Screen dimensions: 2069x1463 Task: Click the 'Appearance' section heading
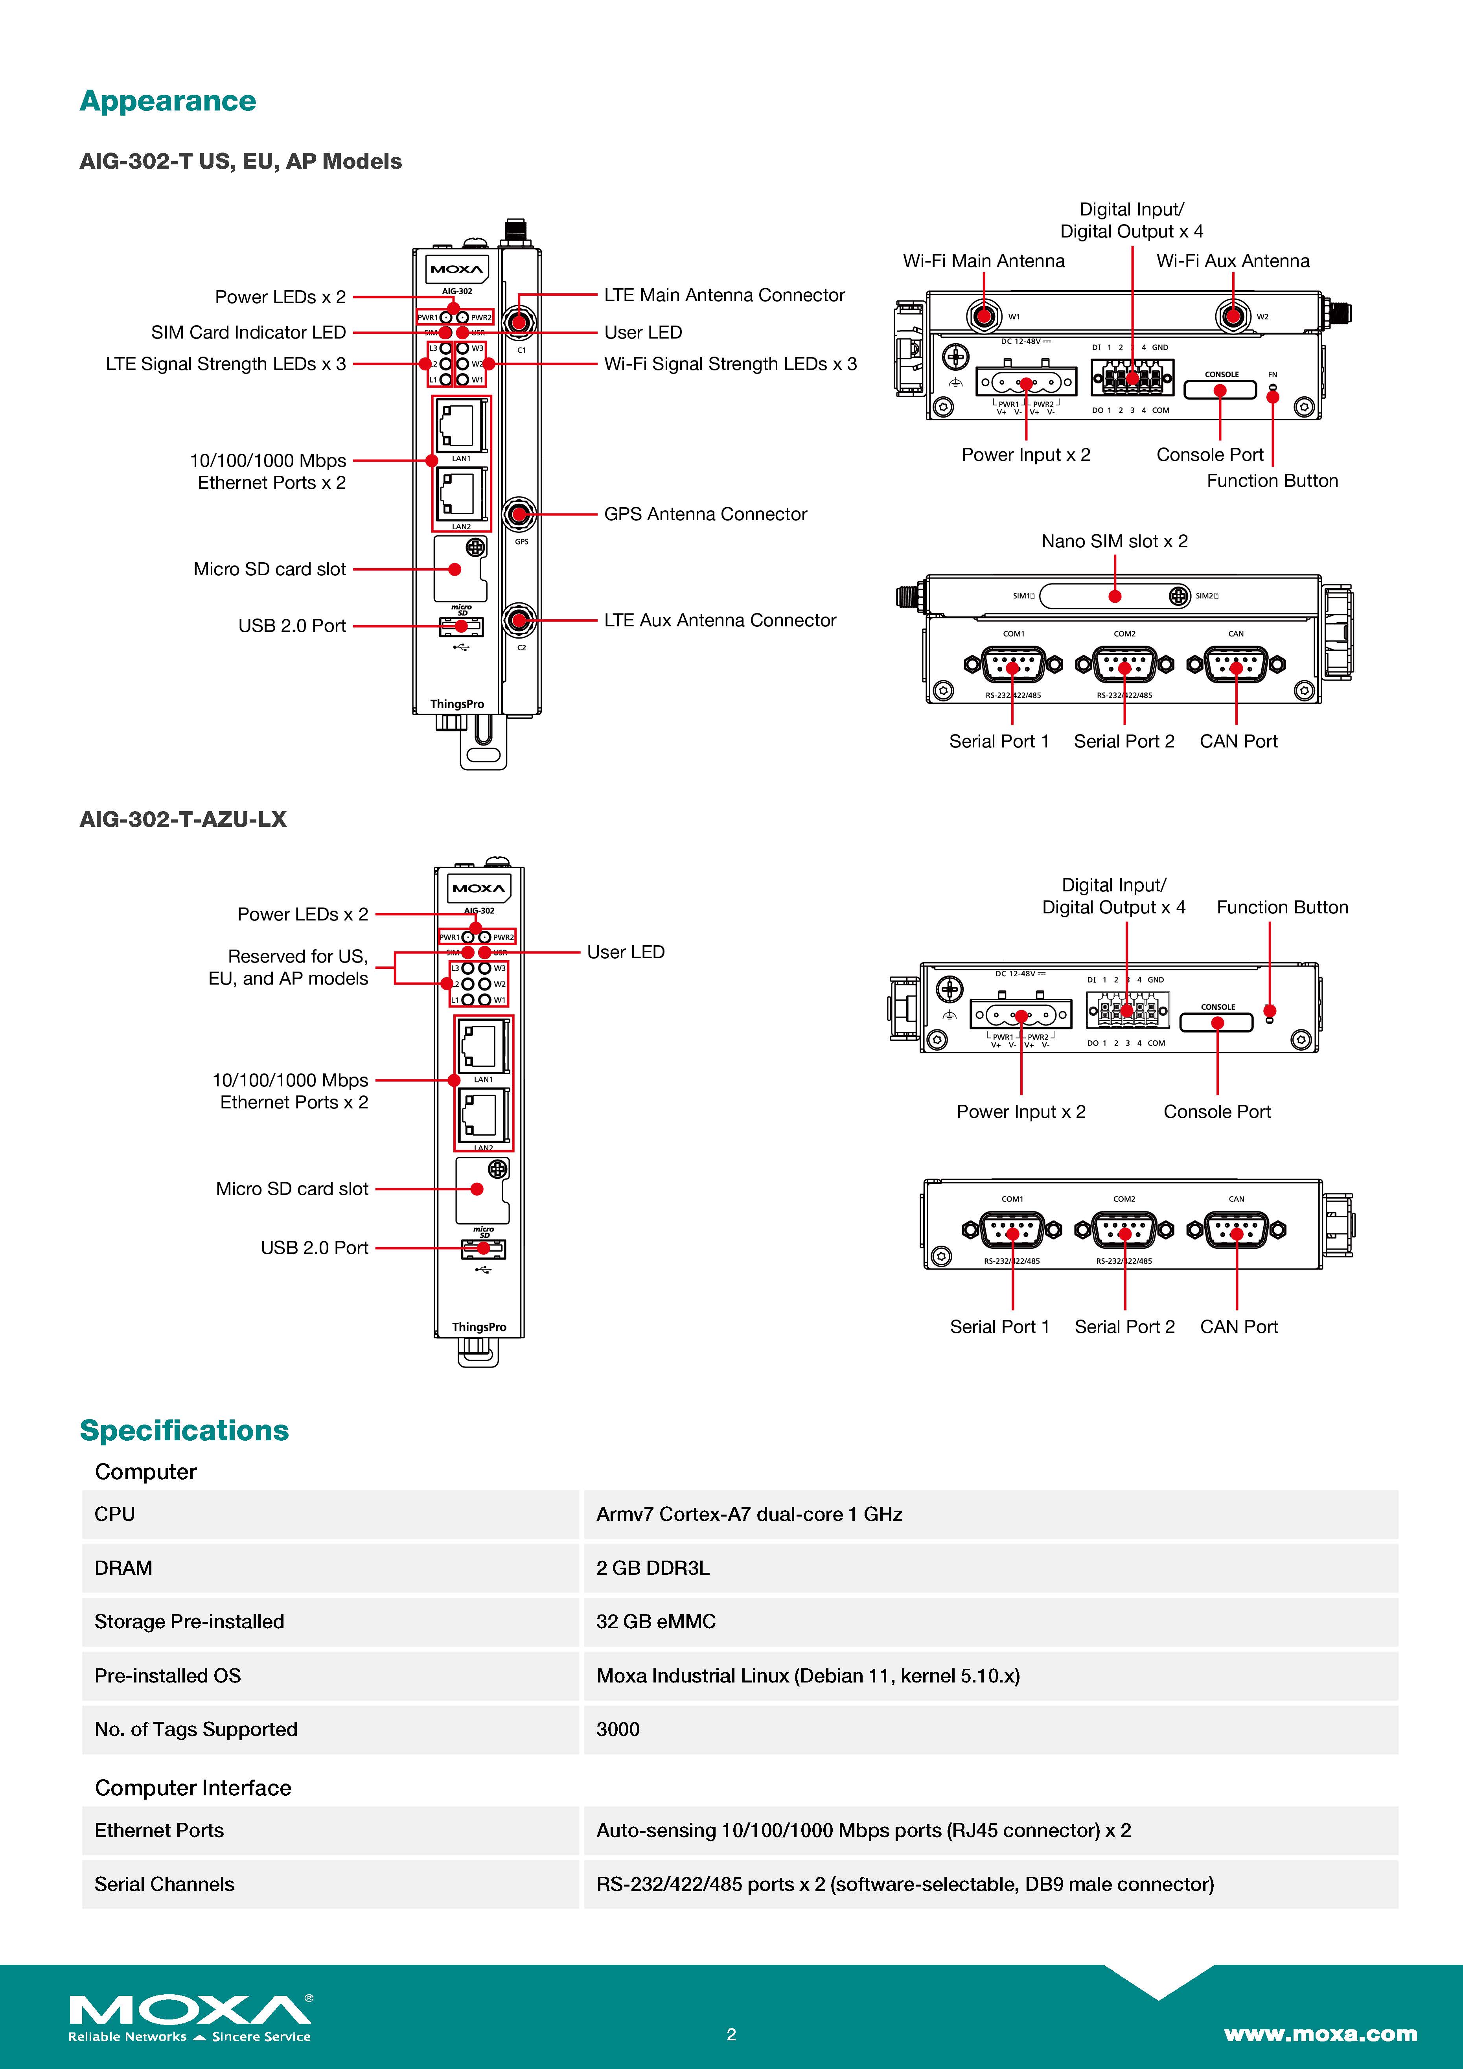coord(167,101)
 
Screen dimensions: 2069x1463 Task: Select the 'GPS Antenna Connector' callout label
coord(705,515)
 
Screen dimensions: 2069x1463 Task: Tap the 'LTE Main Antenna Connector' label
coord(724,296)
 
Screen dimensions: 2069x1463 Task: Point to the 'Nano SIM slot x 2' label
coord(1114,541)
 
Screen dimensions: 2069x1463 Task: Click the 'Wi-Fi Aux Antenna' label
coord(1232,261)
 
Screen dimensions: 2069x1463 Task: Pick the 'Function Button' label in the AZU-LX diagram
coord(1282,907)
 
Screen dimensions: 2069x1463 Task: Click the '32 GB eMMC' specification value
coord(656,1622)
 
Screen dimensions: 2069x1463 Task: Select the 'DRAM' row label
coord(123,1568)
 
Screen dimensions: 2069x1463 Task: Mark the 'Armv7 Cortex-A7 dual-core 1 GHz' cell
coord(749,1515)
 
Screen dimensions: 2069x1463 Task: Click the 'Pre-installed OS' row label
coord(167,1676)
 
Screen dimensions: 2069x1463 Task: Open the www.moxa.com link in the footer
coord(1320,2034)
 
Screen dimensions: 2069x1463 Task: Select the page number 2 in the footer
coord(731,2034)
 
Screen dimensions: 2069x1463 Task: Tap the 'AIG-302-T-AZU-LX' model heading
coord(183,820)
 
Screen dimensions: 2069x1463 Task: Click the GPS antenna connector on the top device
coord(518,515)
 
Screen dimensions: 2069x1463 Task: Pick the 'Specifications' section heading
coord(184,1431)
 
